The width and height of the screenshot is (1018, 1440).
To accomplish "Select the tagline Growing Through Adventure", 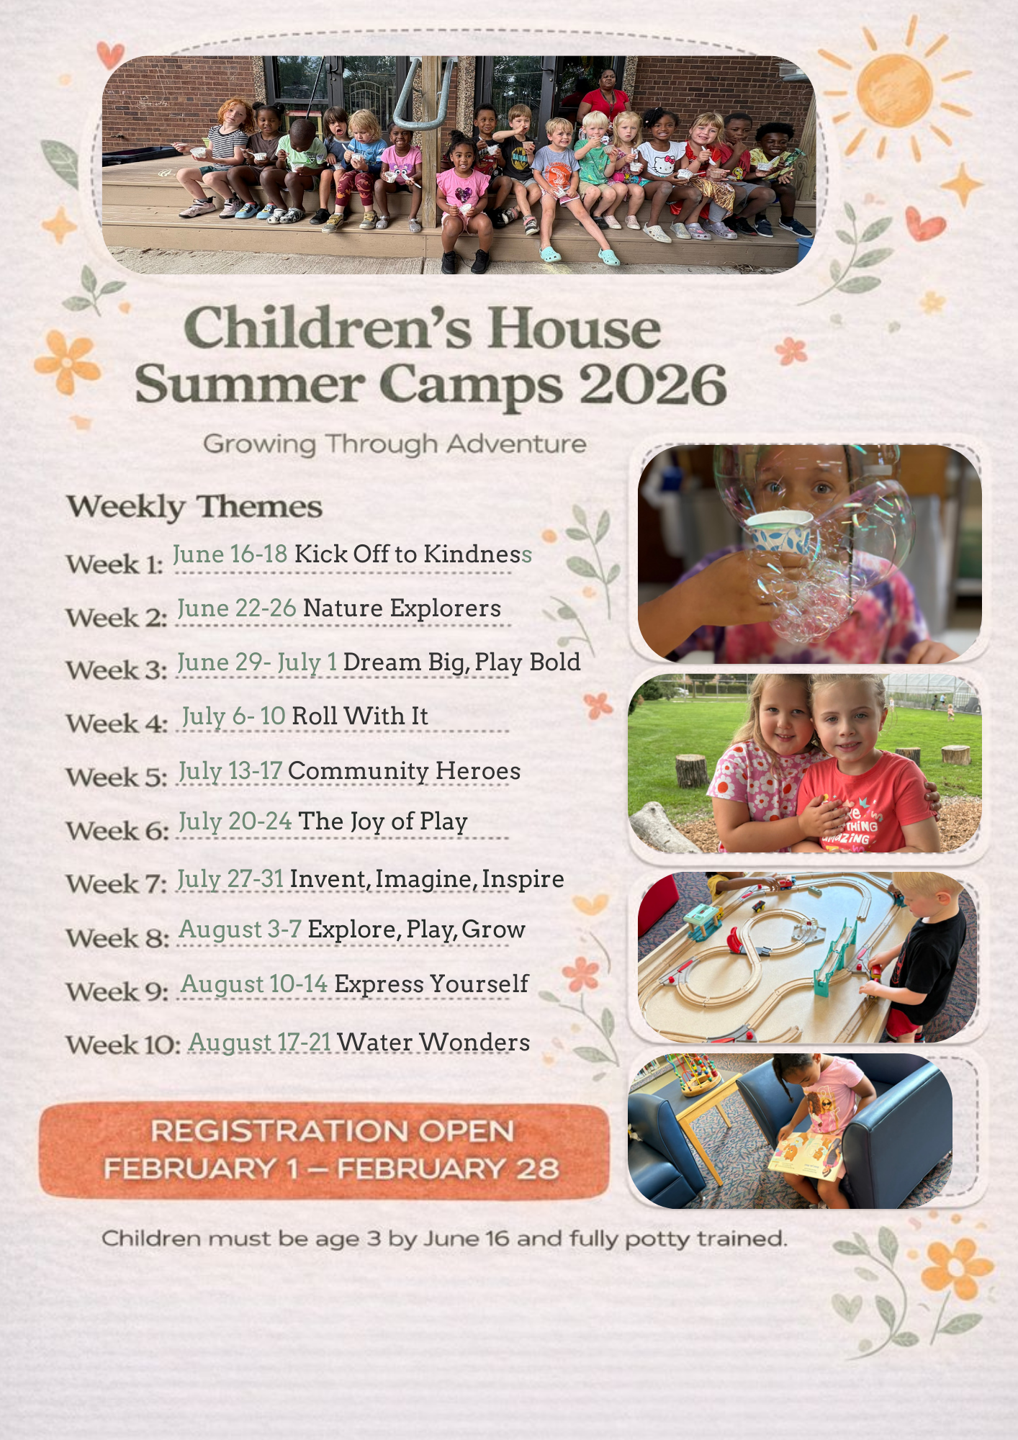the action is coord(395,444).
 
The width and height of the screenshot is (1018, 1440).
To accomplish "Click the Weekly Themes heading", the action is coord(194,507).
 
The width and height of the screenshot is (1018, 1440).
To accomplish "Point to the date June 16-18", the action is coord(230,554).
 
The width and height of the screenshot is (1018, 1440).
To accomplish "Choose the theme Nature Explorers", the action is coord(402,608).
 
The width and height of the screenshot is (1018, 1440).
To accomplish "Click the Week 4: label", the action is coord(117,723).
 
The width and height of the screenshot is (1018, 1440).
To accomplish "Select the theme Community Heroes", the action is coord(404,770).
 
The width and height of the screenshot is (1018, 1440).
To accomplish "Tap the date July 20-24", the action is coord(235,822).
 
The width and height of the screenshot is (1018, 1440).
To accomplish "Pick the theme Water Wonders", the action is coord(433,1042).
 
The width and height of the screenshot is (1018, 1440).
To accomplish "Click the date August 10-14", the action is coord(254,984).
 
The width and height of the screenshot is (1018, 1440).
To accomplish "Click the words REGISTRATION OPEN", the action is coord(332,1130).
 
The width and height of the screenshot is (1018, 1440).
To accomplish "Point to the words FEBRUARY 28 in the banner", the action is coord(448,1169).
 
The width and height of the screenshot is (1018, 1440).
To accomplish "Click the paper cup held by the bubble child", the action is coord(779,531).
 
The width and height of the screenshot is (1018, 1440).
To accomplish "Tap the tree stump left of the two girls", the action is coord(692,770).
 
